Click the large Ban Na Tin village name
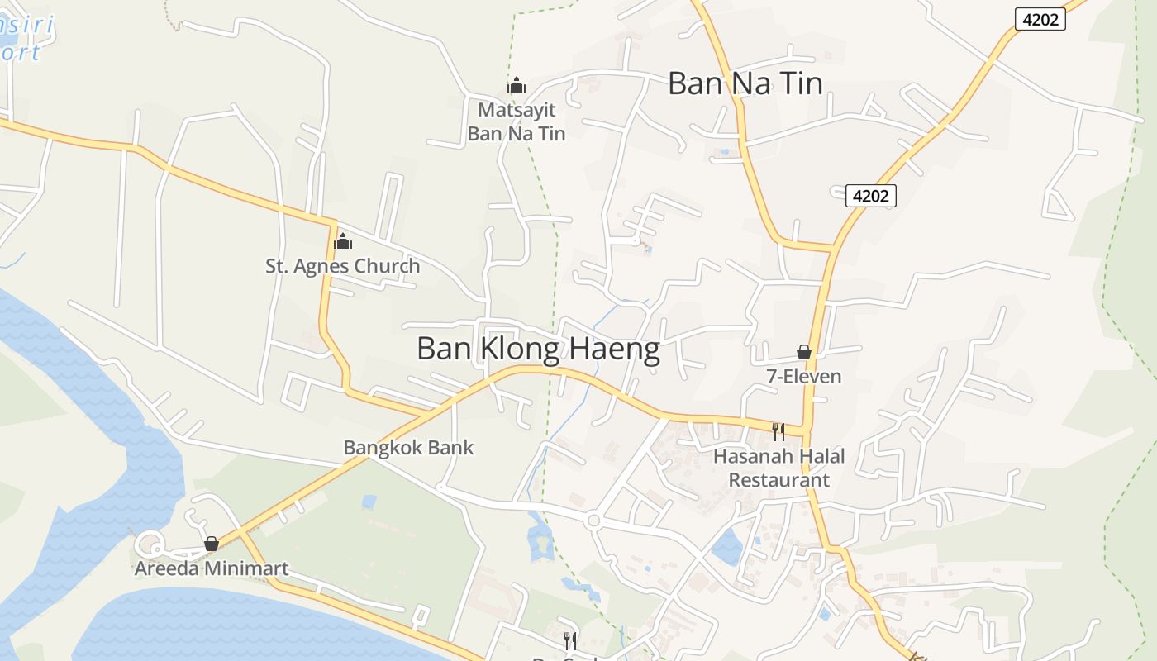coord(745,83)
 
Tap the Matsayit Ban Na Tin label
coord(517,121)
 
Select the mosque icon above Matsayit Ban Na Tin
coord(517,85)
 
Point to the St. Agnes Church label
coord(342,266)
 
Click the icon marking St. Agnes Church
coord(342,241)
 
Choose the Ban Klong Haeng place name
coord(538,350)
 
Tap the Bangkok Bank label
coord(408,448)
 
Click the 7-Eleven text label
coord(803,377)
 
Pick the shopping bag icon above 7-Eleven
coord(804,352)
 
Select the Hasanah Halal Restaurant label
coord(778,468)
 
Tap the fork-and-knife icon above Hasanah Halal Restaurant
coord(778,430)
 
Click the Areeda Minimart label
coord(212,568)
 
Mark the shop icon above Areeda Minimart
coord(212,544)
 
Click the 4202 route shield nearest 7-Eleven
coord(871,196)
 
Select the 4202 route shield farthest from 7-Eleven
coord(1040,19)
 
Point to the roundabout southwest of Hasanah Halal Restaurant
coord(593,521)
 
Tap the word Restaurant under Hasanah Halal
coord(778,479)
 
